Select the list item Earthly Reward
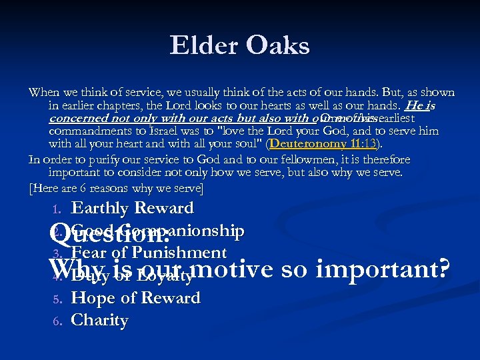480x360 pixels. pos(132,209)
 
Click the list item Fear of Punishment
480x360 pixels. pos(149,253)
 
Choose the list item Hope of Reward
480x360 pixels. pos(135,298)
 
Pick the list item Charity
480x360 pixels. pos(99,321)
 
